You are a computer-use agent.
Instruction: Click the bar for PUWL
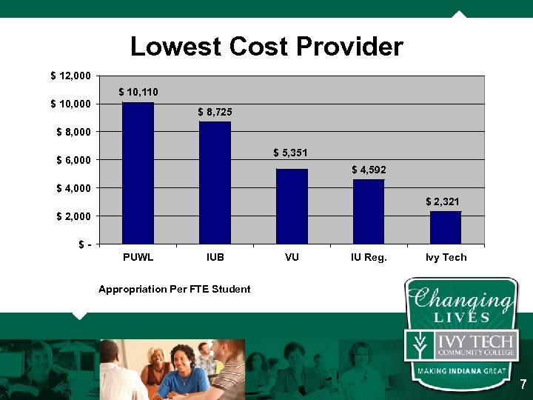click(138, 173)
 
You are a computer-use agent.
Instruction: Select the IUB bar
click(215, 183)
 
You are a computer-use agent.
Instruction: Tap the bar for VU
click(292, 207)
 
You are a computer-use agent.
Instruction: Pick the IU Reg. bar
click(369, 212)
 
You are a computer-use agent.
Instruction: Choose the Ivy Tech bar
click(446, 227)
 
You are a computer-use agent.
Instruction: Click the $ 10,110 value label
click(138, 92)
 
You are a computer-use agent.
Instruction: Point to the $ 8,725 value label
click(215, 111)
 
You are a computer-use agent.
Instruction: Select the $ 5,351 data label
click(290, 153)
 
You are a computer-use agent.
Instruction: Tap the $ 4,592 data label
click(369, 170)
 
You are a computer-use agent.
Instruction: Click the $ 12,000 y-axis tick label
click(71, 76)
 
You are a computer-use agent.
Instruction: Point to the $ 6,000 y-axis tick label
click(74, 160)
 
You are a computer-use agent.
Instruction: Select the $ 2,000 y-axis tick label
click(74, 216)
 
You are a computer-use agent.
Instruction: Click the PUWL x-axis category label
click(138, 257)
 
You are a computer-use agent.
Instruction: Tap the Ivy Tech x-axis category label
click(446, 257)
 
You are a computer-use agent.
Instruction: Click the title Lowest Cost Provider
click(266, 47)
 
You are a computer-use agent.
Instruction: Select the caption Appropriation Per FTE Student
click(175, 289)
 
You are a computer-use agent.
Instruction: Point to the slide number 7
click(523, 384)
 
